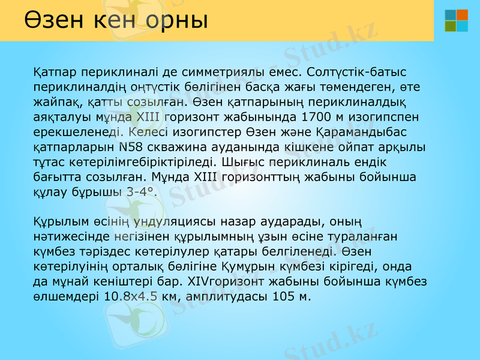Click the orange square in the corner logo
(463, 15)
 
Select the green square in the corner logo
(451, 26)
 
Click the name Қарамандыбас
(356, 131)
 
